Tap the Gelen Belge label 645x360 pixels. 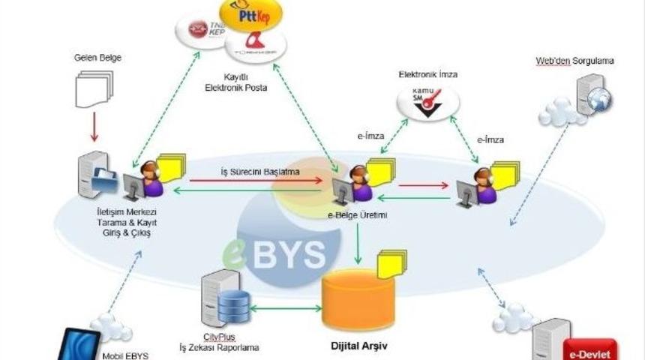coord(97,58)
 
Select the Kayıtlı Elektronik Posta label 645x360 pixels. coord(235,82)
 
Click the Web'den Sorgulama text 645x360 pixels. coord(575,60)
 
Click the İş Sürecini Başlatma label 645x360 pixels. coord(259,172)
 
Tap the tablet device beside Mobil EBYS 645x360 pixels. coord(79,344)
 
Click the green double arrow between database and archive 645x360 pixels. coord(284,307)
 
